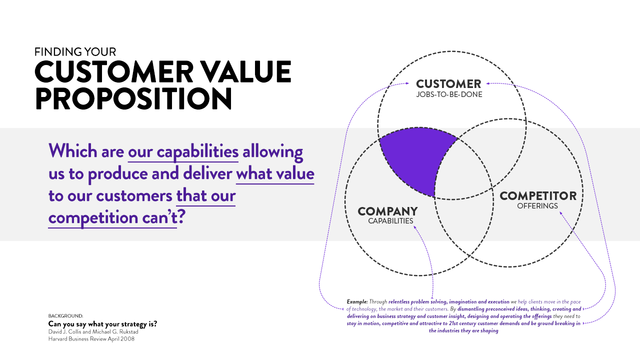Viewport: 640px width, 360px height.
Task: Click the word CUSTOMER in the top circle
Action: click(x=448, y=84)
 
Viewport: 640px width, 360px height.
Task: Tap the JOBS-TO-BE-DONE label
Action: click(x=449, y=94)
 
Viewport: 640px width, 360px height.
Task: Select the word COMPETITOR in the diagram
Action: click(x=538, y=196)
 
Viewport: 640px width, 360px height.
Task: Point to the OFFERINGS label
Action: click(x=537, y=206)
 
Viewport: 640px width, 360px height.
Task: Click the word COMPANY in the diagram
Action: click(x=387, y=211)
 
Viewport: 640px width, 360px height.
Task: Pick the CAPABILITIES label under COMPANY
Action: click(x=390, y=221)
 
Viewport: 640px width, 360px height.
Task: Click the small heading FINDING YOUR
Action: click(x=75, y=52)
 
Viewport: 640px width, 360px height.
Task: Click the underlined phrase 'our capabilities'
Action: click(x=183, y=151)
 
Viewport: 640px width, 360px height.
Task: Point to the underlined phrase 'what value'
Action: click(x=275, y=173)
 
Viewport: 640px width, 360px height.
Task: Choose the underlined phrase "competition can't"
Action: click(x=112, y=218)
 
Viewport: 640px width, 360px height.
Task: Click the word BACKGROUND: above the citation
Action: click(x=65, y=316)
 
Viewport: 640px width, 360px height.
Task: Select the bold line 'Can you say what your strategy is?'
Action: click(x=102, y=323)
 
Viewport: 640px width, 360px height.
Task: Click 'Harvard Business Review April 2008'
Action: click(x=91, y=339)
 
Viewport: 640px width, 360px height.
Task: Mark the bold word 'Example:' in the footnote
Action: click(x=357, y=301)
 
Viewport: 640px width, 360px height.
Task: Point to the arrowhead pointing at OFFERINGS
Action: click(x=560, y=213)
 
